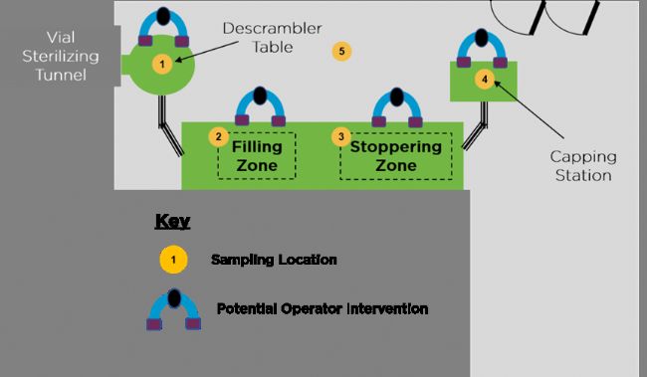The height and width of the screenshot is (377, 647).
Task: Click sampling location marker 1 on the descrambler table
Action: [162, 64]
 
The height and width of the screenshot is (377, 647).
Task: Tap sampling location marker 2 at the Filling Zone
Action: [219, 136]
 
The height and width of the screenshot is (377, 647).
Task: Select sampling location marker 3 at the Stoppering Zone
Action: [341, 136]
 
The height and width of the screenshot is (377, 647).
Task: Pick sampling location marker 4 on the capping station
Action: [485, 79]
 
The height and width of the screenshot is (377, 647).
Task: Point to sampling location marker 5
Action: [341, 51]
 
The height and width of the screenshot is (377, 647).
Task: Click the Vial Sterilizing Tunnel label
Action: [61, 56]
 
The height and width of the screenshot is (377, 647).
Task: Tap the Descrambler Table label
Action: [273, 38]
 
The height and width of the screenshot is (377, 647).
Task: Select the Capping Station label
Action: [583, 166]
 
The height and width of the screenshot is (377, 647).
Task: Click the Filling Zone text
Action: [257, 156]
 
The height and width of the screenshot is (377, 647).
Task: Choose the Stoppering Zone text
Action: [396, 156]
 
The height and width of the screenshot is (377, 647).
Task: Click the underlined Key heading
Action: [172, 222]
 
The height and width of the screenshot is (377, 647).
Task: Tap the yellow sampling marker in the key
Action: [174, 260]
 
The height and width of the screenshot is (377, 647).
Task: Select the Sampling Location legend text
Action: [274, 260]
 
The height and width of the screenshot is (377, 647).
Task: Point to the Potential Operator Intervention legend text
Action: [323, 308]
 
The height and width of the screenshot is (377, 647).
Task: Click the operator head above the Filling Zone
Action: [260, 95]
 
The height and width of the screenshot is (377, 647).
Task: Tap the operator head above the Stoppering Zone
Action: [397, 96]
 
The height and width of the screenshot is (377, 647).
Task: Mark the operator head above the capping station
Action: [482, 38]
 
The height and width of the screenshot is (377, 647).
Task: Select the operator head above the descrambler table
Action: [163, 16]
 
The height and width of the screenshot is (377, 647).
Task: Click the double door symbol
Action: [544, 17]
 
